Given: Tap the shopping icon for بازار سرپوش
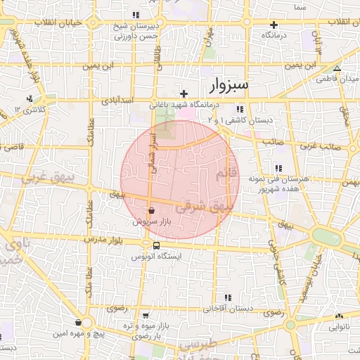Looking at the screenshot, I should point(152,210).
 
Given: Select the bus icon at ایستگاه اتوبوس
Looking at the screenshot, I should point(155,246).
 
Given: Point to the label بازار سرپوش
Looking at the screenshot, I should point(153,221).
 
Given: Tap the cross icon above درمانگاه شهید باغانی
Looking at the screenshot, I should point(184,94).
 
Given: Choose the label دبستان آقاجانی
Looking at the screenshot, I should point(228,309).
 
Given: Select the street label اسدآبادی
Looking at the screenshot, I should point(118,101).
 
